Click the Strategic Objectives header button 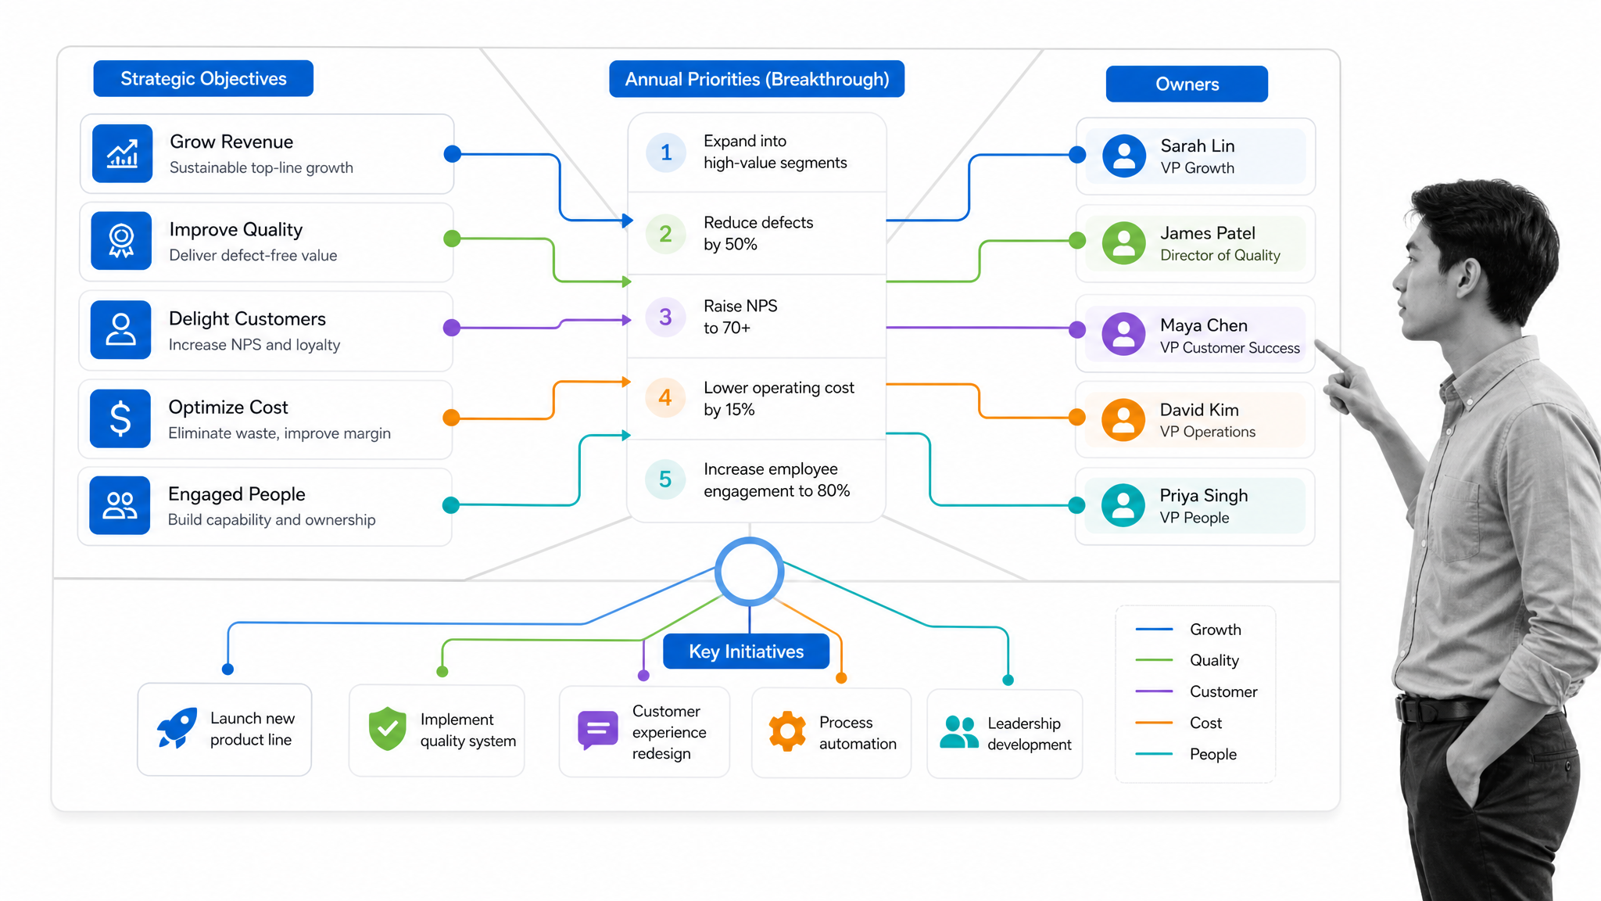coord(203,78)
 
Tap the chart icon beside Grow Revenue coord(122,153)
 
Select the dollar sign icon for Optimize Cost coord(120,418)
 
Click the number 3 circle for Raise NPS coord(665,317)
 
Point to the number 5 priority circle coord(665,479)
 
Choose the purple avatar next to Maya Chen coord(1123,334)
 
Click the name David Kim coord(1199,410)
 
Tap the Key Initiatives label coord(746,652)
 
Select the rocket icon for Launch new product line coord(177,728)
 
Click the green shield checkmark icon coord(388,729)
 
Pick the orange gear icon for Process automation coord(787,731)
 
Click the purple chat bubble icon coord(597,730)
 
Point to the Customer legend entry coord(1196,691)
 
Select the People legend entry coord(1186,754)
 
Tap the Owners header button coord(1187,84)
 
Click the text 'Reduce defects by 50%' coord(758,233)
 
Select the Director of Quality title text coord(1220,255)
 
